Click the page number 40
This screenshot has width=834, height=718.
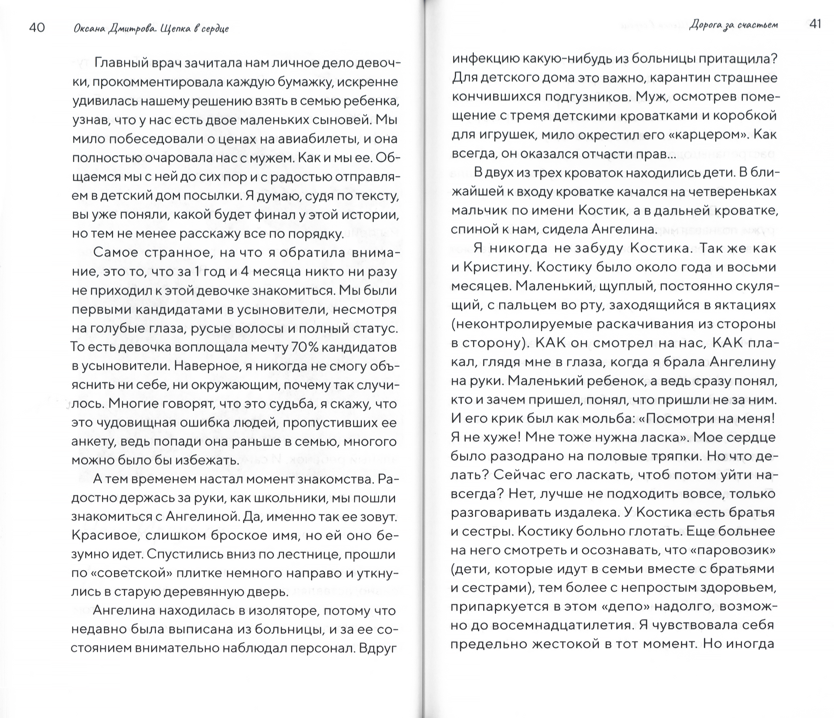coord(37,28)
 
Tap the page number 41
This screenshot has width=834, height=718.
coord(815,24)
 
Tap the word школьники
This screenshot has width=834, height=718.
coord(286,498)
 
